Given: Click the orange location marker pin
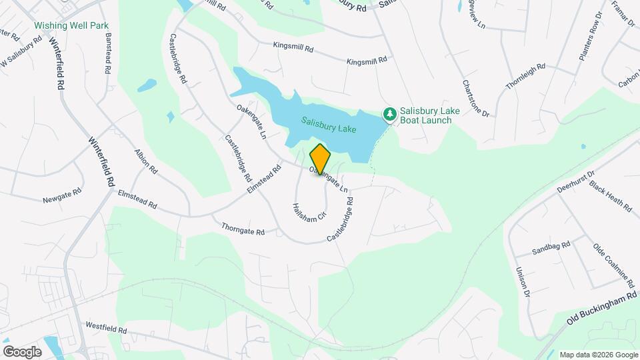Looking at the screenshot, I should [321, 159].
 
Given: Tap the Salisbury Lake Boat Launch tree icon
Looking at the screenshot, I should [389, 115].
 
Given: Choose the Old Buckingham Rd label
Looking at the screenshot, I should [602, 307].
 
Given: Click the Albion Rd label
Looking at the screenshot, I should [146, 161].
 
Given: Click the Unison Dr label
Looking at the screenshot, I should [522, 282].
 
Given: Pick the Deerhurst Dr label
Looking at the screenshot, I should [576, 180].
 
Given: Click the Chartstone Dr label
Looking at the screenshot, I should [475, 99].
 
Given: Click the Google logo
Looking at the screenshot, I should [22, 351].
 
